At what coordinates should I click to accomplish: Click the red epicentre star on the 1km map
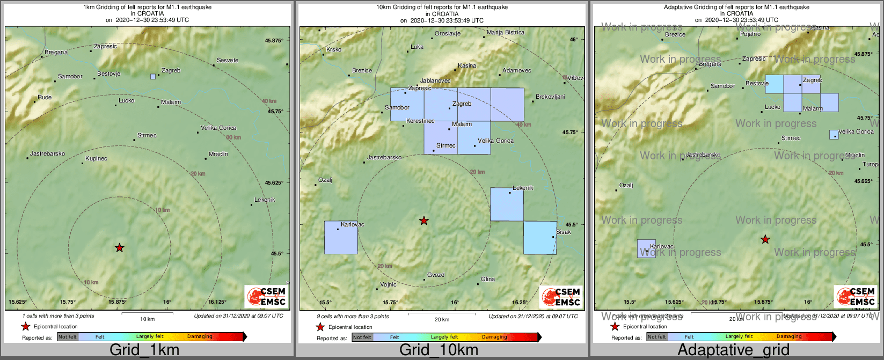click(120, 247)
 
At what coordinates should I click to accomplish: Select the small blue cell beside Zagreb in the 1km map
click(153, 77)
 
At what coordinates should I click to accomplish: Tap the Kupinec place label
click(97, 159)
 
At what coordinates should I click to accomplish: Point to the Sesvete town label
click(228, 60)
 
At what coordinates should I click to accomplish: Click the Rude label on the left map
click(45, 98)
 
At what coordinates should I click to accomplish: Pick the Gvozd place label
click(436, 275)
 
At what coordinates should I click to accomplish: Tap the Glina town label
click(488, 280)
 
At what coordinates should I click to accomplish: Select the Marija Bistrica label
click(506, 33)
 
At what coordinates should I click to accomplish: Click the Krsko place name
click(334, 50)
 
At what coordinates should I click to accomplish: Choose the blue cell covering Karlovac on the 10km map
click(341, 238)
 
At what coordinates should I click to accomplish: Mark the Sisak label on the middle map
click(563, 232)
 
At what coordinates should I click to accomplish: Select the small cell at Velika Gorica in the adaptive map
click(834, 135)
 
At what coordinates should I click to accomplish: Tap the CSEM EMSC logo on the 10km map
click(561, 297)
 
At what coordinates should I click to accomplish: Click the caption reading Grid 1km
click(144, 350)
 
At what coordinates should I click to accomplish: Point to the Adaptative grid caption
click(733, 350)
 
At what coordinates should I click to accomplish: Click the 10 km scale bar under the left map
click(147, 313)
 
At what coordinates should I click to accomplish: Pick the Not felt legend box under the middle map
click(362, 337)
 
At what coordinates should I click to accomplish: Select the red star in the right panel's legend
click(615, 327)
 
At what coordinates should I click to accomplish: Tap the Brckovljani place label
click(550, 97)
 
